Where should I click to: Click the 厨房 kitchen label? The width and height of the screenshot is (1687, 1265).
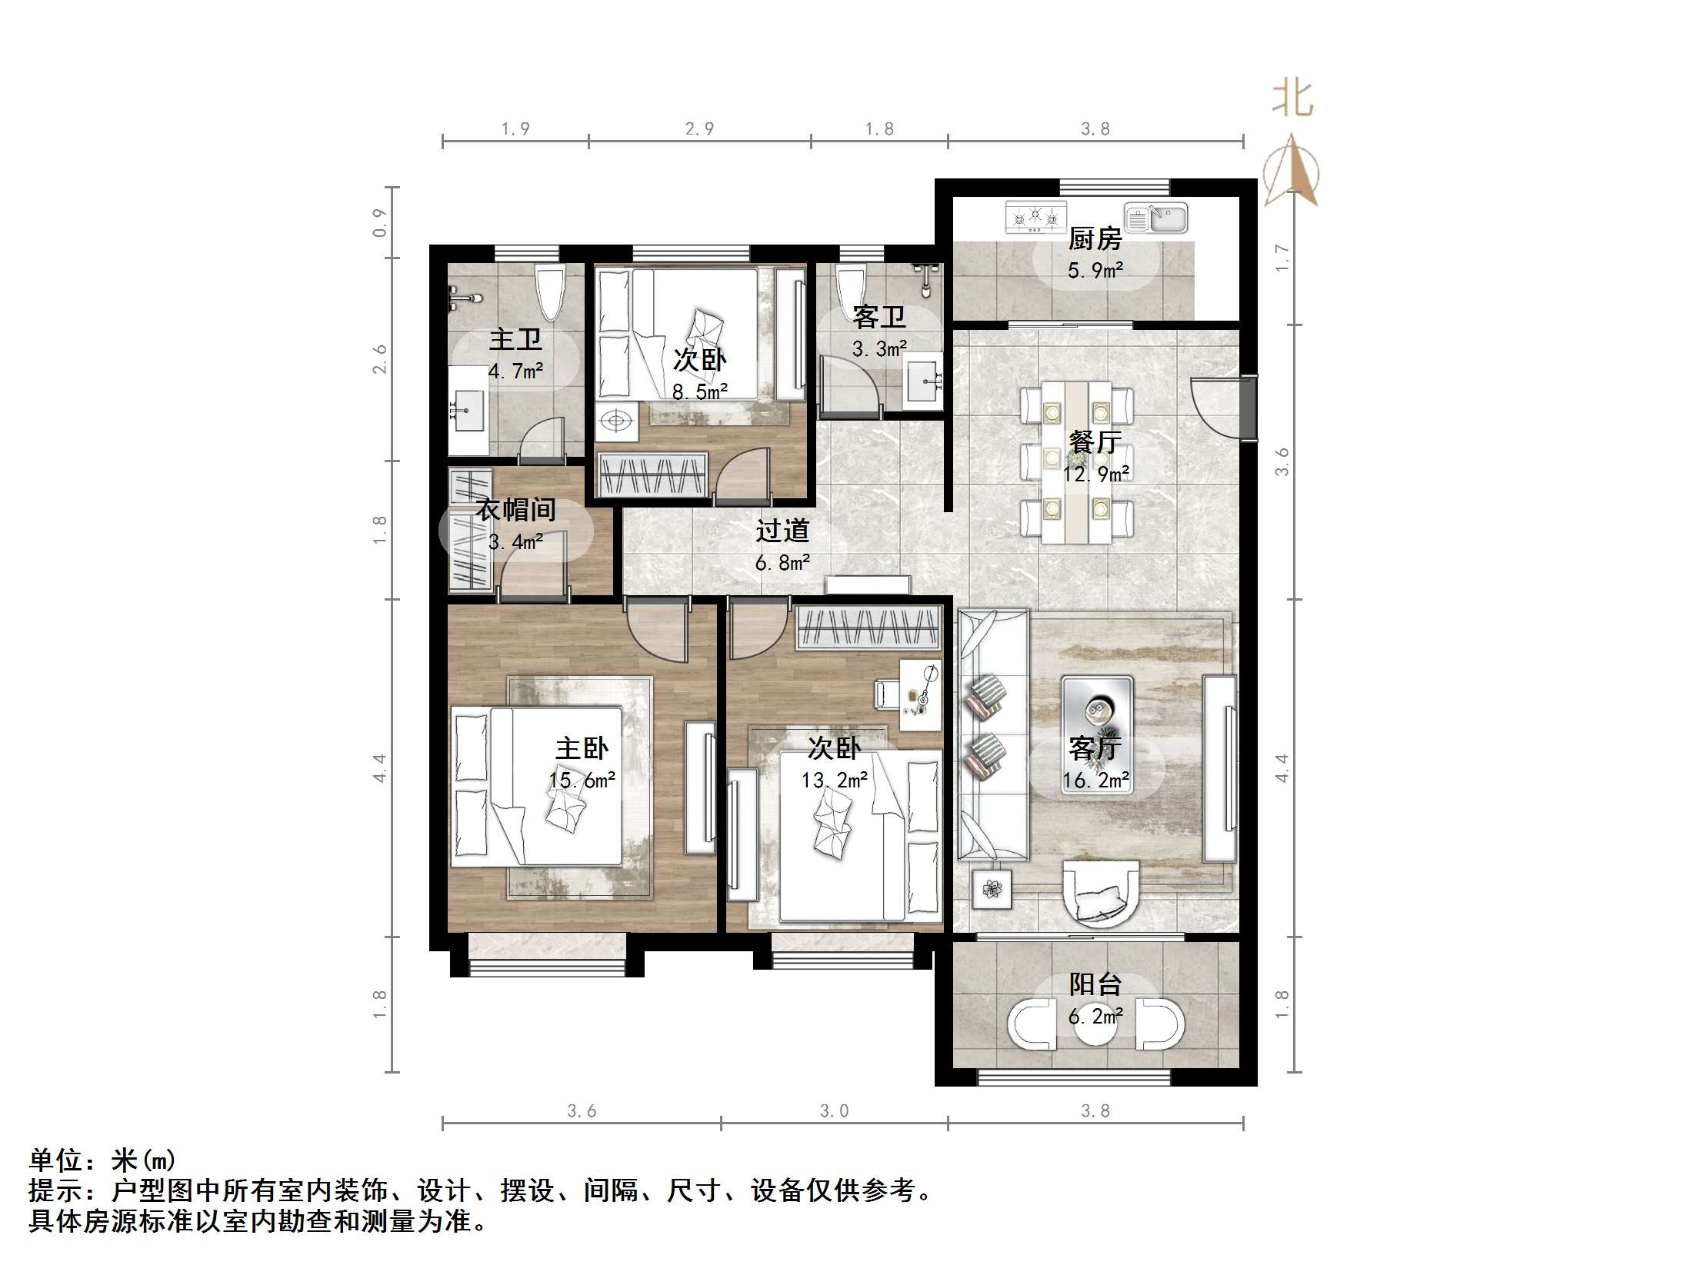pos(1094,239)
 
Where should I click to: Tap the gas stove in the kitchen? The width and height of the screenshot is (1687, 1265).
pos(1036,218)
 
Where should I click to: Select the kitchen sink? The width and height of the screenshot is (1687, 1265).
pos(1155,218)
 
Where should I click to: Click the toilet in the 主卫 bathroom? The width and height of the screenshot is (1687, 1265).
pos(550,292)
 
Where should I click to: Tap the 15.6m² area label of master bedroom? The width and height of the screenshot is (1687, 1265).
pos(582,781)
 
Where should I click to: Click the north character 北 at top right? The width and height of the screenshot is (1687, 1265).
pos(1292,100)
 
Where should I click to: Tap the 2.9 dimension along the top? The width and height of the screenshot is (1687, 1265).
pos(699,128)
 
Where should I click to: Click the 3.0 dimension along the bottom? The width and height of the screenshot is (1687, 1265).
pos(834,1110)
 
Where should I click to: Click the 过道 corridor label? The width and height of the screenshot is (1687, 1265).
pos(782,531)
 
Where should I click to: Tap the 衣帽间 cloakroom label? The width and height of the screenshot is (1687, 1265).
pos(515,510)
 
